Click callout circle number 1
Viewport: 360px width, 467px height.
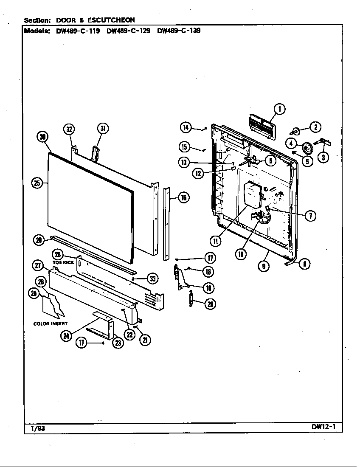pos(279,110)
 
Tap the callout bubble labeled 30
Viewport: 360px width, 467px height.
pos(42,137)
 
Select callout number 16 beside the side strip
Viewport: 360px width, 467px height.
pos(183,197)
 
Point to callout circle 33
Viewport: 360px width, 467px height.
pos(152,279)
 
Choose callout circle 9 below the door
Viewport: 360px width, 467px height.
pos(264,267)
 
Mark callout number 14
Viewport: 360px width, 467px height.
pos(186,127)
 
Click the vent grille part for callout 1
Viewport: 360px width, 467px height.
pos(261,126)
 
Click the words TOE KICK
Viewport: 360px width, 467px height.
pos(63,263)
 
